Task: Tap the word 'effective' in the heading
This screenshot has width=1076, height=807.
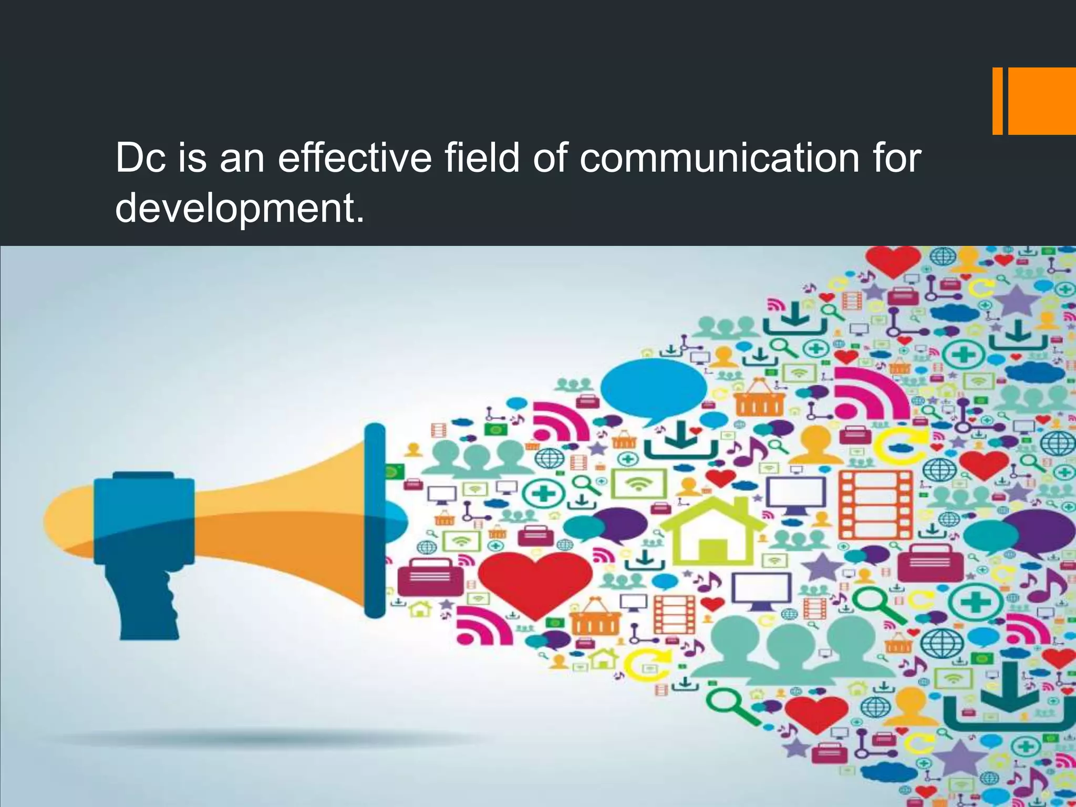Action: click(355, 158)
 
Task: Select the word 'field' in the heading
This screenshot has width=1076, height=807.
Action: click(482, 158)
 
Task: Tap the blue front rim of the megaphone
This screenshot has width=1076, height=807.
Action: click(375, 520)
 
